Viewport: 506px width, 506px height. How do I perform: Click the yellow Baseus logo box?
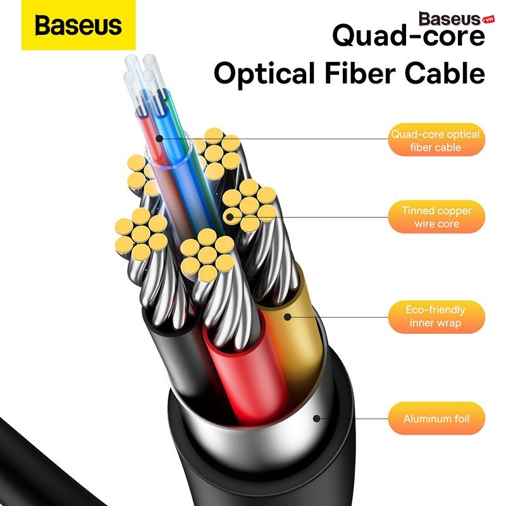78,25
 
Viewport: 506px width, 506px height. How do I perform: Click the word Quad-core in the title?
408,35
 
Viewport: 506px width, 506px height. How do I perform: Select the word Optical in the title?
264,73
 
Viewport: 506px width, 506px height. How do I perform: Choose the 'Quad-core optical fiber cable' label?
436,140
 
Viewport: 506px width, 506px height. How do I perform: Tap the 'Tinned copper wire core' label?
436,216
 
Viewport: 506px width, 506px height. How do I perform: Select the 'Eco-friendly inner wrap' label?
436,317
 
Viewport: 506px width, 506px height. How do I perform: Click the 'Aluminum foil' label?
436,419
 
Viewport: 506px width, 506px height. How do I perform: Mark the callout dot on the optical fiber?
159,139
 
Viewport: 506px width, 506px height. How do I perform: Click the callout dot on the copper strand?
230,217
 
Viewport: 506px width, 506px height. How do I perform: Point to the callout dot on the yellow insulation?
288,317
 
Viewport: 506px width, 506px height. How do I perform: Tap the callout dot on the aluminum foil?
317,419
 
